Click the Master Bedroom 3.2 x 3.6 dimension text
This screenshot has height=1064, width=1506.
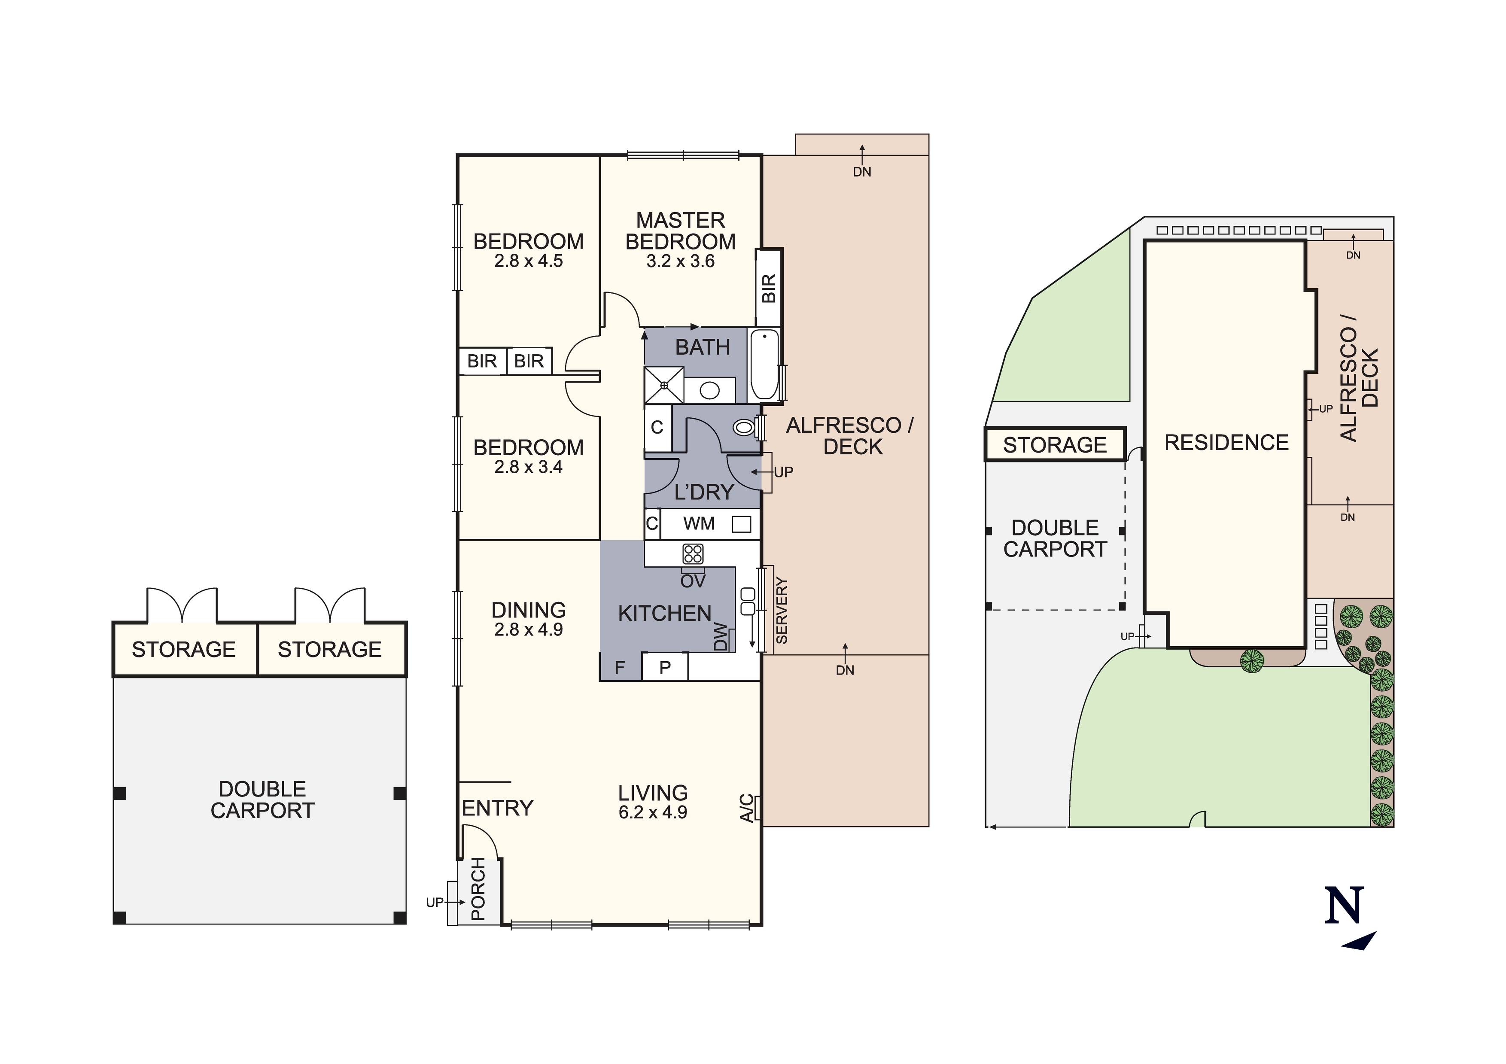(x=680, y=261)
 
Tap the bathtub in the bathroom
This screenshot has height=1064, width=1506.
(x=764, y=365)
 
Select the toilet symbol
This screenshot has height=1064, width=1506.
(x=744, y=428)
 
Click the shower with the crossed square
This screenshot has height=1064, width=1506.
(x=664, y=385)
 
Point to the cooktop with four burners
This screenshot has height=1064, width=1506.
(x=693, y=553)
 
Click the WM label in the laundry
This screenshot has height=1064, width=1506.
(x=699, y=523)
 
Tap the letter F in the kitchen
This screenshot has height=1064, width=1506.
(x=619, y=668)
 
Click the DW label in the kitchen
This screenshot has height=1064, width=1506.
(x=720, y=636)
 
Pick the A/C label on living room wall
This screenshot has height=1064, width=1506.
(x=746, y=808)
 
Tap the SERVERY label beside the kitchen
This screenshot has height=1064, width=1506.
(x=781, y=610)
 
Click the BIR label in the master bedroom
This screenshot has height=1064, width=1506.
(x=769, y=288)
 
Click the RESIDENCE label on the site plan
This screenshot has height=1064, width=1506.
(x=1226, y=443)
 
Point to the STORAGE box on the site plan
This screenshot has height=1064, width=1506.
(x=1055, y=445)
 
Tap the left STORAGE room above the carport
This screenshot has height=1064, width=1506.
(x=184, y=649)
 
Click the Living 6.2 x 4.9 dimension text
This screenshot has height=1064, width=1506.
(x=653, y=812)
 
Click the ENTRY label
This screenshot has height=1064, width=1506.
(x=497, y=808)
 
